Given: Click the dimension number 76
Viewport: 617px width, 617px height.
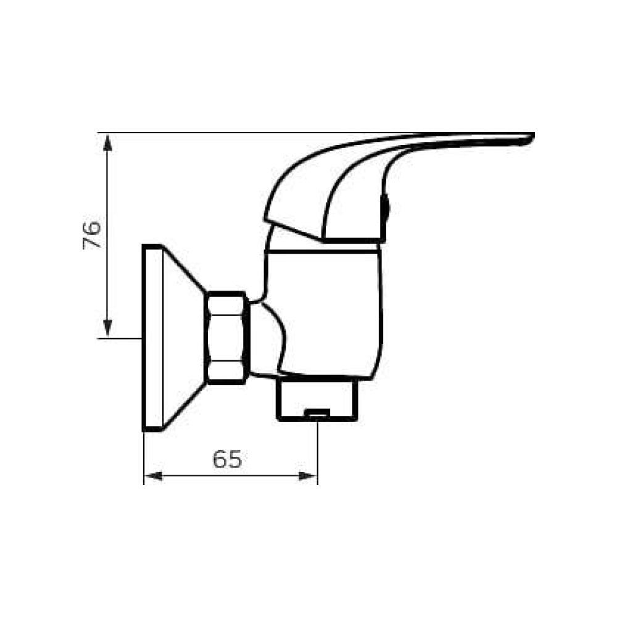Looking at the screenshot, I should coord(92,234).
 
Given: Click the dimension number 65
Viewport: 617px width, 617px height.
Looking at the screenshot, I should coord(227,459).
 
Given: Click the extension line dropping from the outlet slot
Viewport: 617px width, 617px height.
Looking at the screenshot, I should coord(318,450).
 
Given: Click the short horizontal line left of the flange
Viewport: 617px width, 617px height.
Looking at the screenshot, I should coord(120,337).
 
